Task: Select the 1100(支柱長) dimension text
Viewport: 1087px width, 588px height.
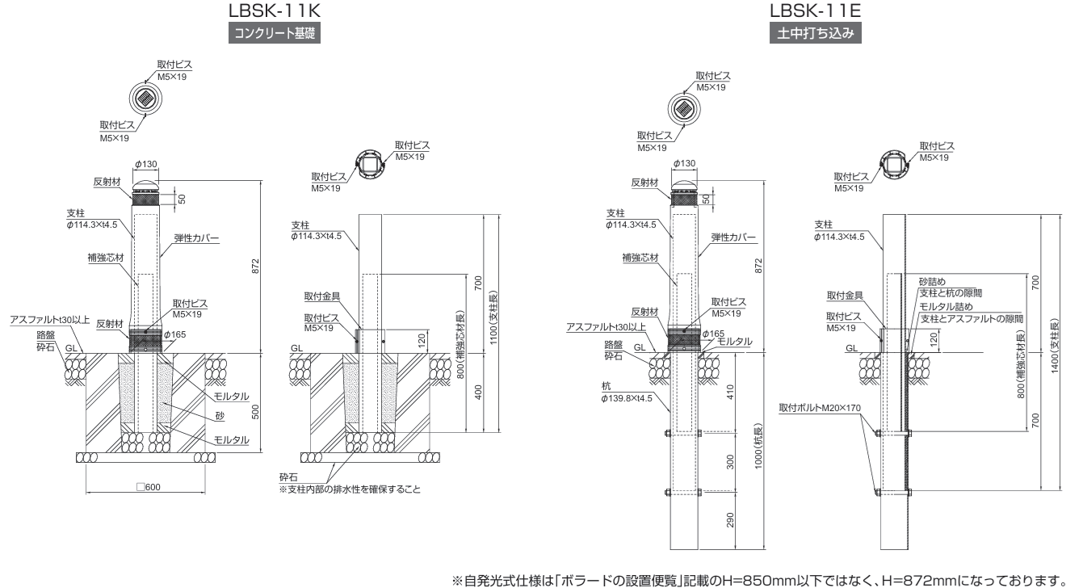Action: coord(493,317)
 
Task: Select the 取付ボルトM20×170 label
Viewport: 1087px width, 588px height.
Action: coord(820,407)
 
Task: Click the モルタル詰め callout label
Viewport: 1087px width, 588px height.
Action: coord(946,307)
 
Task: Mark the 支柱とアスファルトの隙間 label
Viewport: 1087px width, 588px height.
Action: coord(970,319)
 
